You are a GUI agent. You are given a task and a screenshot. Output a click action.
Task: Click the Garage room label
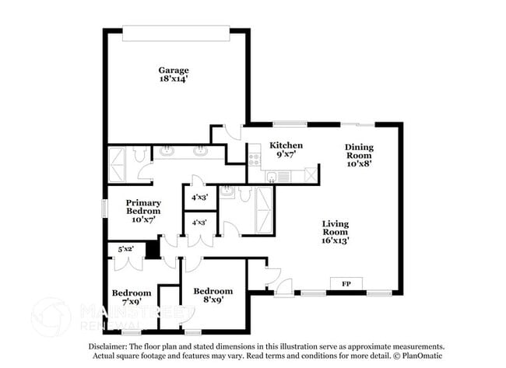pyautogui.click(x=174, y=70)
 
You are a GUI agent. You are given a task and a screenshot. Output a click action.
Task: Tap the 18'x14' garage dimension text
pyautogui.click(x=174, y=79)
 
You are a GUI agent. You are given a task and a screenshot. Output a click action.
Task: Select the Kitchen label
pyautogui.click(x=286, y=145)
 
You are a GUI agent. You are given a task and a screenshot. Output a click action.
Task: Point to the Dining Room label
pyautogui.click(x=359, y=155)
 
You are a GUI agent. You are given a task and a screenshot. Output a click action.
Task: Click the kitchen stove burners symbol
pyautogui.click(x=253, y=158)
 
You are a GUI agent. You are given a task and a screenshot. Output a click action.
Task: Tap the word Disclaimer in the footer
pyautogui.click(x=104, y=346)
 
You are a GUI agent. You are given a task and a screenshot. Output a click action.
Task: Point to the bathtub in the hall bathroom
pyautogui.click(x=264, y=210)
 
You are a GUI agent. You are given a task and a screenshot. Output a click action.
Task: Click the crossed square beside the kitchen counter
pyautogui.click(x=311, y=174)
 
